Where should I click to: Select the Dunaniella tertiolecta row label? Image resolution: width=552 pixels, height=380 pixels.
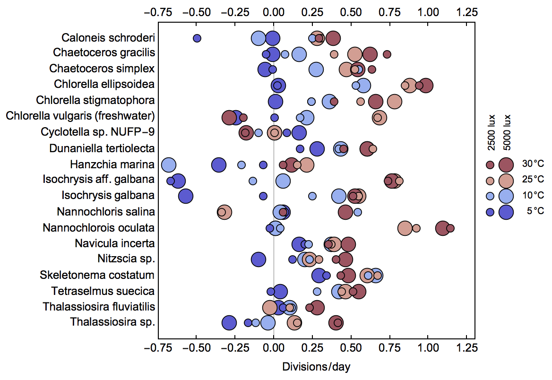(102, 148)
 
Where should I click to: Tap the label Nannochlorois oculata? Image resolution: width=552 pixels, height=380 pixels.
(98, 227)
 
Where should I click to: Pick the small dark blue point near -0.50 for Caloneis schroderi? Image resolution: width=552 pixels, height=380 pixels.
(197, 38)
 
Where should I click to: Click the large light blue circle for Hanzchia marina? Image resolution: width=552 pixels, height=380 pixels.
(169, 165)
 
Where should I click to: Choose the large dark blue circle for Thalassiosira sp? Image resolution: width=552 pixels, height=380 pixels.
(229, 323)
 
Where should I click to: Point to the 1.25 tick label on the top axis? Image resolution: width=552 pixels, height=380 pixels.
(466, 12)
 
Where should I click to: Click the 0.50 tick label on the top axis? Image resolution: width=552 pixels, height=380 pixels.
(351, 12)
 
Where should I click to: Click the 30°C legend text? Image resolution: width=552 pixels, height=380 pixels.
(533, 164)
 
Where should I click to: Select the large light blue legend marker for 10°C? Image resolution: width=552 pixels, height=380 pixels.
(507, 196)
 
